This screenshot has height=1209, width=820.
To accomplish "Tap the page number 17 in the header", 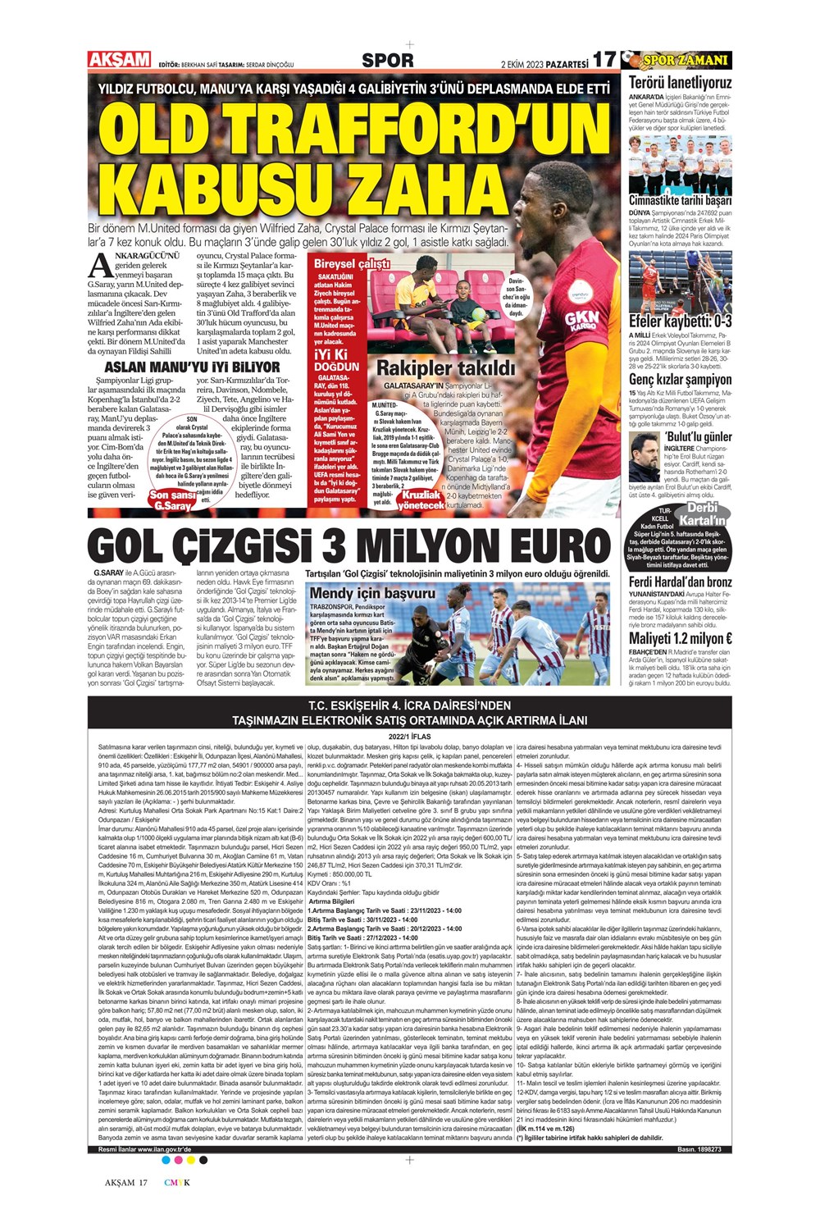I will pyautogui.click(x=604, y=61).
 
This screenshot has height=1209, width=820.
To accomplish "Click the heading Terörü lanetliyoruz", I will pyautogui.click(x=680, y=82).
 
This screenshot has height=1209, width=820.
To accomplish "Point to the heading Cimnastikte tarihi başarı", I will pyautogui.click(x=680, y=200).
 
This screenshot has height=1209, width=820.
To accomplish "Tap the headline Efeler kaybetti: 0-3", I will pyautogui.click(x=680, y=322).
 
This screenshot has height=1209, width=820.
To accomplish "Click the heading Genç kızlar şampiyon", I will pyautogui.click(x=680, y=380).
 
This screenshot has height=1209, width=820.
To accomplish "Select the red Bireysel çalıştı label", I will pyautogui.click(x=352, y=264).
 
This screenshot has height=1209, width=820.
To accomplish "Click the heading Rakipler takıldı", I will pyautogui.click(x=445, y=368).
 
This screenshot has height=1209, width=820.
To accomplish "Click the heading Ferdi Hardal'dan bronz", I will pyautogui.click(x=680, y=582).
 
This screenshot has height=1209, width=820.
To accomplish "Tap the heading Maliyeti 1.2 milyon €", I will pyautogui.click(x=680, y=638).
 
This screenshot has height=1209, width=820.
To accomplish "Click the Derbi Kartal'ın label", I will pyautogui.click(x=704, y=514).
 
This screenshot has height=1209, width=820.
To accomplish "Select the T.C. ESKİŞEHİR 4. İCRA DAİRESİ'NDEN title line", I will pyautogui.click(x=409, y=705).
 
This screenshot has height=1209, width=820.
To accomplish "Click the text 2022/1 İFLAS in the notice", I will pyautogui.click(x=409, y=737).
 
